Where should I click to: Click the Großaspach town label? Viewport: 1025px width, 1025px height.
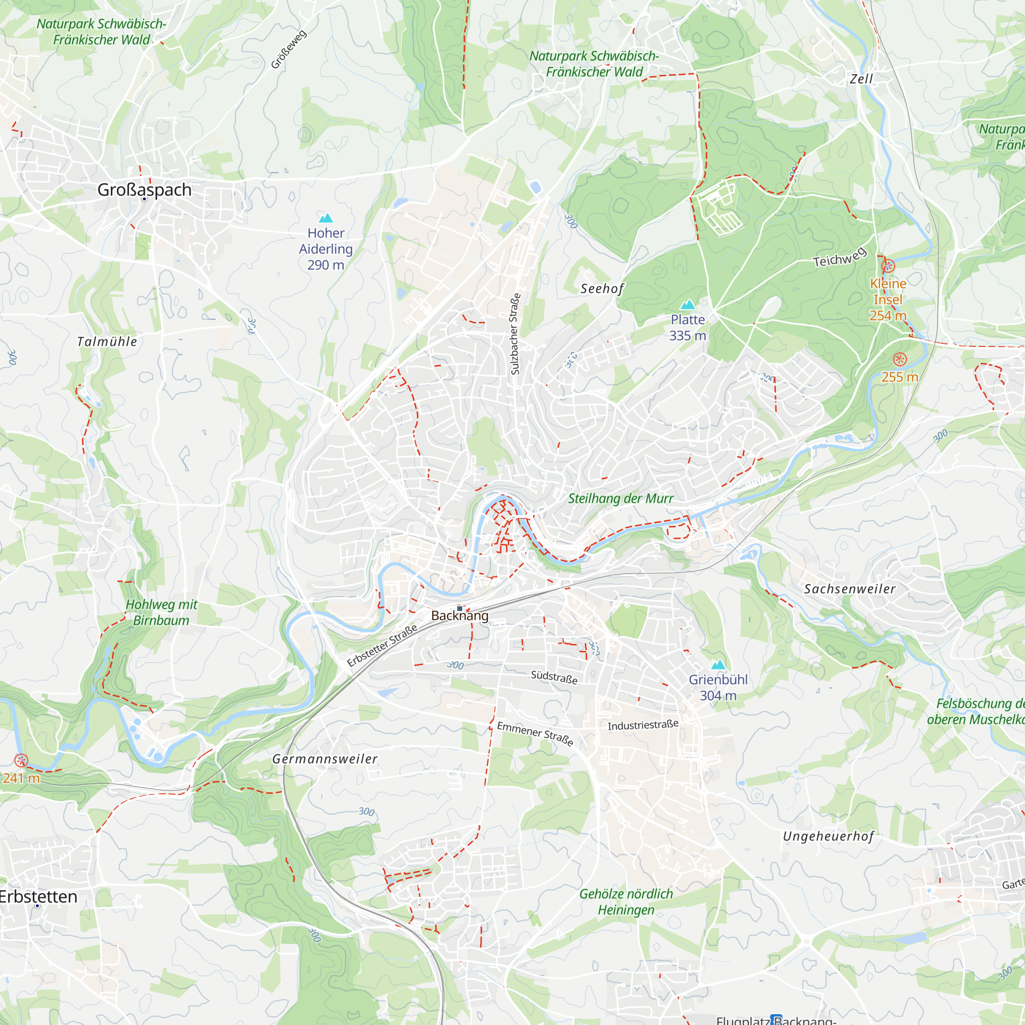click(145, 190)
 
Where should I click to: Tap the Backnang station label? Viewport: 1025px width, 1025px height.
click(459, 616)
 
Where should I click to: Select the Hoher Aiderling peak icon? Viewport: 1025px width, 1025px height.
click(326, 218)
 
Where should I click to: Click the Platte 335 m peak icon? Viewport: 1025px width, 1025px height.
click(688, 304)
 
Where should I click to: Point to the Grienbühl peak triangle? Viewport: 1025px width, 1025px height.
click(719, 665)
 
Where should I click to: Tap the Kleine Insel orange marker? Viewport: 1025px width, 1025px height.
click(888, 266)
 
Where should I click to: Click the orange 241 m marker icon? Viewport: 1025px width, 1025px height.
click(20, 761)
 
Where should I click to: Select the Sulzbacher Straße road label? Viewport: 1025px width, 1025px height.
click(515, 334)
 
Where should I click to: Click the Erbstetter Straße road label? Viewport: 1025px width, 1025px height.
click(382, 645)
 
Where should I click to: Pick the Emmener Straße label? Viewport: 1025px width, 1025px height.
click(535, 733)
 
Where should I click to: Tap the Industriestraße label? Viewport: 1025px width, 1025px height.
click(643, 725)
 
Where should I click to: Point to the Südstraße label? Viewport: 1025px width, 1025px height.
click(554, 677)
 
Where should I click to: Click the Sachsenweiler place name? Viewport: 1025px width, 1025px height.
click(849, 589)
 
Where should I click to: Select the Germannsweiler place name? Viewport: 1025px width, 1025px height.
click(325, 759)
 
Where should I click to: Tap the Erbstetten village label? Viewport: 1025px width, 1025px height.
click(38, 896)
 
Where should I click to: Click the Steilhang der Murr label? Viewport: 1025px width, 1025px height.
click(621, 499)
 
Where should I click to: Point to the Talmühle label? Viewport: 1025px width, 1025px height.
click(107, 342)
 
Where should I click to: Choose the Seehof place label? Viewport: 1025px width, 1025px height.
click(602, 289)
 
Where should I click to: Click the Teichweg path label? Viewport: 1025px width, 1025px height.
click(839, 257)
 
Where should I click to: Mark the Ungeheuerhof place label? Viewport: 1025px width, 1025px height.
click(828, 837)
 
